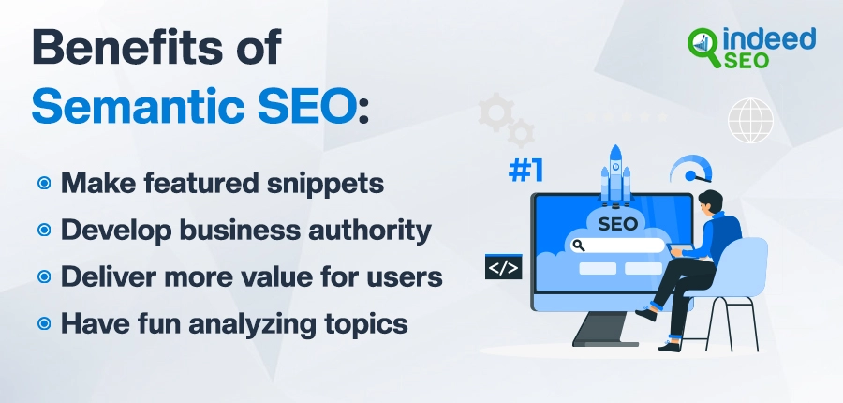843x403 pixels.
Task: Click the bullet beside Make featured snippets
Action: [44, 184]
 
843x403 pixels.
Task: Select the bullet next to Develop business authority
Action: [44, 231]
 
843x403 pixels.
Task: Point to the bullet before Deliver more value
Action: [44, 277]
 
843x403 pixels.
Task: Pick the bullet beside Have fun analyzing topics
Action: [44, 324]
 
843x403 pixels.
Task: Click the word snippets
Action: [325, 184]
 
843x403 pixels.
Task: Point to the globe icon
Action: [750, 121]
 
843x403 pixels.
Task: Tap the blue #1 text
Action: [525, 171]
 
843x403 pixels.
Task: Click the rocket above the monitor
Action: [615, 175]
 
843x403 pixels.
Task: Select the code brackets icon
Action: [504, 267]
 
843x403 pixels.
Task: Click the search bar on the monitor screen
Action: [618, 246]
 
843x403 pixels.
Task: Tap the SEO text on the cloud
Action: [617, 224]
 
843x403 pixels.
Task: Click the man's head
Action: [711, 203]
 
